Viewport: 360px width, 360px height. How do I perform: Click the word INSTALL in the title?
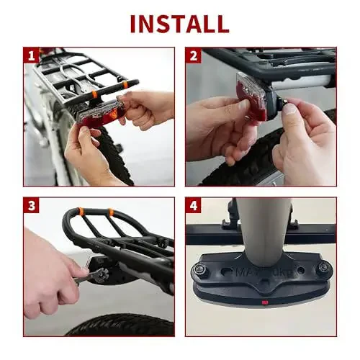tap(179, 22)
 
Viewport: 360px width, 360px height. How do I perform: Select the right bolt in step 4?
tap(323, 267)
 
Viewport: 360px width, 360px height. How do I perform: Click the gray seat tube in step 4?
tap(263, 227)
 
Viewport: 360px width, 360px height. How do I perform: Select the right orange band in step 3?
tap(110, 213)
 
